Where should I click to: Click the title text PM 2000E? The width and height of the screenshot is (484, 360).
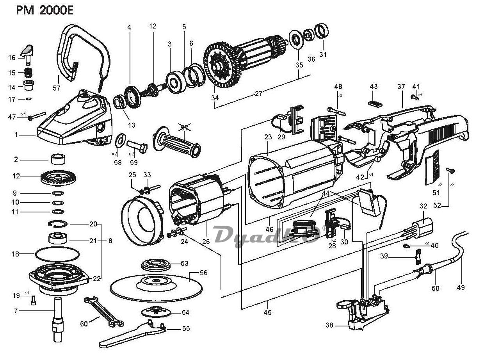click(45, 11)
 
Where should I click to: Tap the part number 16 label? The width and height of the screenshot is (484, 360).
click(12, 58)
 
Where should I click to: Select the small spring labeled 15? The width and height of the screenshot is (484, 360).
click(28, 73)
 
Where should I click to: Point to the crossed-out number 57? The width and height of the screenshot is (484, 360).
click(184, 128)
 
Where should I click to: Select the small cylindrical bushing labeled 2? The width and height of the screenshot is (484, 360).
click(58, 159)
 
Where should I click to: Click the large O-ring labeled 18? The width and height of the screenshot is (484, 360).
click(57, 254)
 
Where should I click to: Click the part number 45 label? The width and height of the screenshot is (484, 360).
click(267, 312)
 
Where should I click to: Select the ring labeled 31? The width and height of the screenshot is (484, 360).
click(322, 30)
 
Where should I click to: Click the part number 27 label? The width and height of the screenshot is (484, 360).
click(258, 94)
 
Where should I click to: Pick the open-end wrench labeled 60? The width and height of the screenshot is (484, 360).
click(104, 311)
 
